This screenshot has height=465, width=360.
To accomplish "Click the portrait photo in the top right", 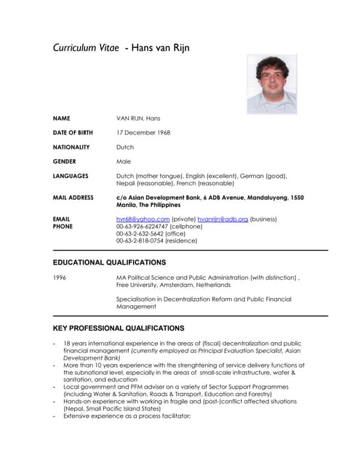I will [x=271, y=84].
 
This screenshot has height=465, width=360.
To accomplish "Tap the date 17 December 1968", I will [x=143, y=132].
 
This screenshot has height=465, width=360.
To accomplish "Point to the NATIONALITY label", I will [x=71, y=147].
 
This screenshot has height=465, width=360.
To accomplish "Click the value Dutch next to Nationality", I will [x=125, y=147].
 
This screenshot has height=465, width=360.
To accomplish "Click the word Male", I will [x=124, y=161].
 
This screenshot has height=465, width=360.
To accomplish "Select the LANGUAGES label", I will [x=71, y=176].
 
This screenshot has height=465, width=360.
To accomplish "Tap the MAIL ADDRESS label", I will [x=73, y=198].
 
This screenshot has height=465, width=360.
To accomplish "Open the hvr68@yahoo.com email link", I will [x=143, y=219].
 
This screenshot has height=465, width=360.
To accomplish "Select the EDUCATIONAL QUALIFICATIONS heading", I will [x=109, y=262].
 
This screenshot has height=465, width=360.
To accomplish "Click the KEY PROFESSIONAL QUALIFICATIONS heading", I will [x=119, y=328].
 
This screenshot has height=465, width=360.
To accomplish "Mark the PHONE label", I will [x=63, y=226].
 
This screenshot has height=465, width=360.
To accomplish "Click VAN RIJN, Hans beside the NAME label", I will [x=138, y=118].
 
